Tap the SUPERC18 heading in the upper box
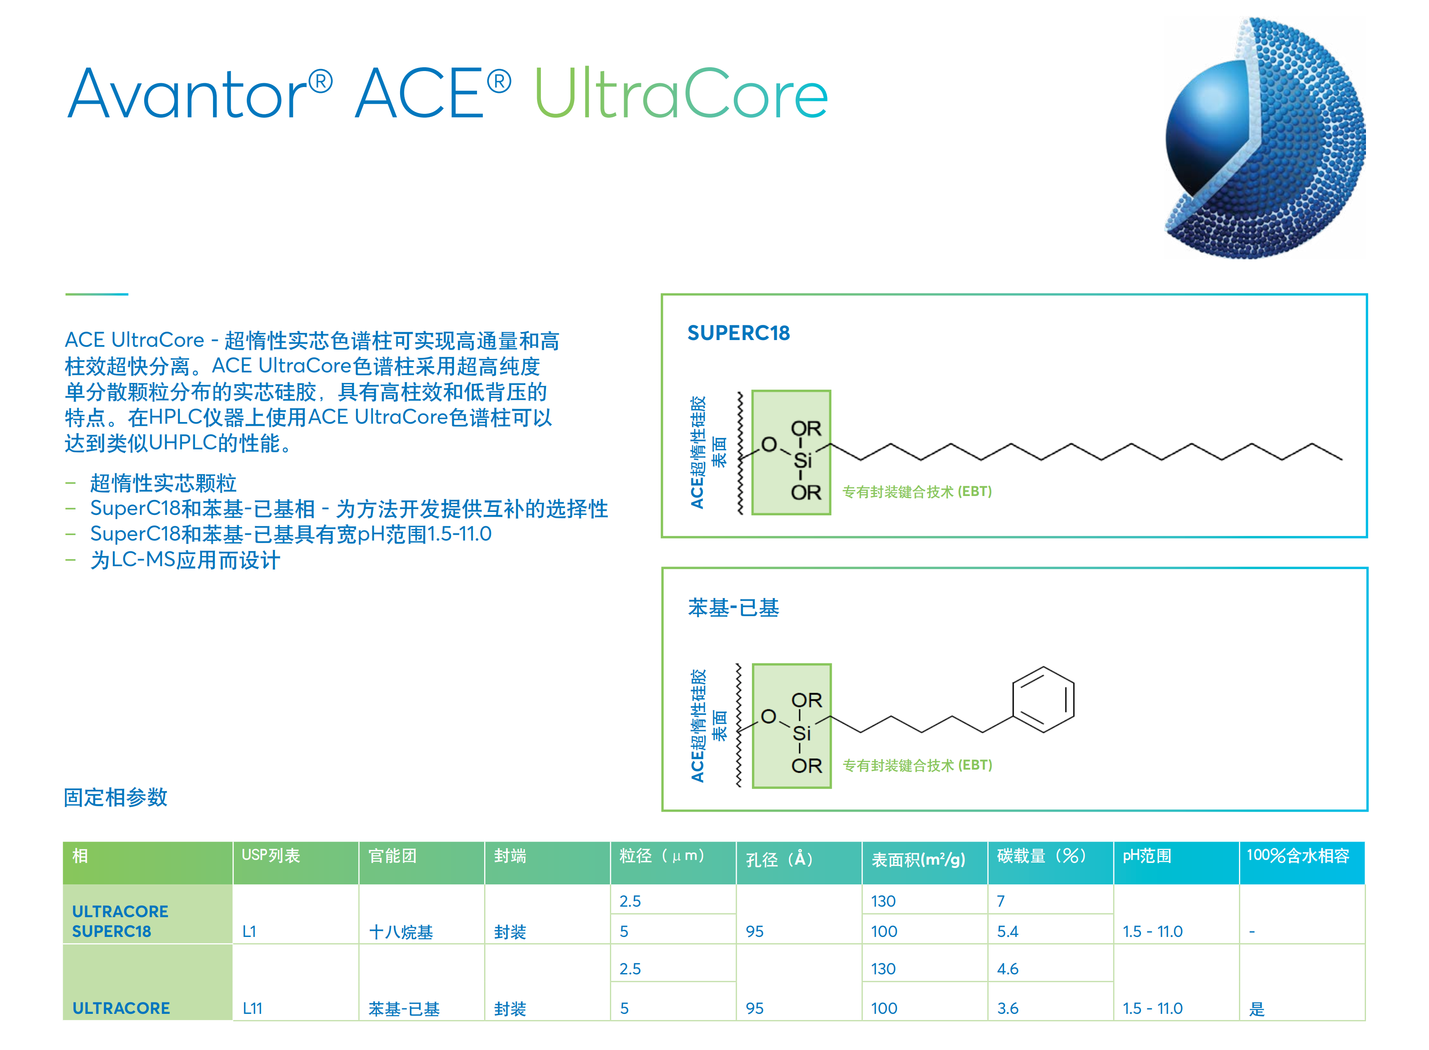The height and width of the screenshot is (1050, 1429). (x=738, y=333)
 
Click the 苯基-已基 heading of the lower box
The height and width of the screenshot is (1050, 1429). (x=733, y=608)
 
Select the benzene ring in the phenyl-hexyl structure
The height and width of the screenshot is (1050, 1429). (x=1043, y=699)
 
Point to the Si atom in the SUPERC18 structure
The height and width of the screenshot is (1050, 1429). (x=802, y=460)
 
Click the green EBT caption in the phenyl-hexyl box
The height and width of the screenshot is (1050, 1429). (x=917, y=765)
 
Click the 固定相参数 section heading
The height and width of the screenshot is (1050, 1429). (x=116, y=797)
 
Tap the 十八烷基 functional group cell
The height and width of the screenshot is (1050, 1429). (x=401, y=932)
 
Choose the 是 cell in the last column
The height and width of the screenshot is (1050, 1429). (x=1256, y=1009)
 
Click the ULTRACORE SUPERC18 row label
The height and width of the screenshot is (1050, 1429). (x=120, y=921)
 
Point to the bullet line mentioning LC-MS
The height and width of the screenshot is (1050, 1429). (x=184, y=560)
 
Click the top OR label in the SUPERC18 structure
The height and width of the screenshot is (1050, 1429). (x=806, y=428)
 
